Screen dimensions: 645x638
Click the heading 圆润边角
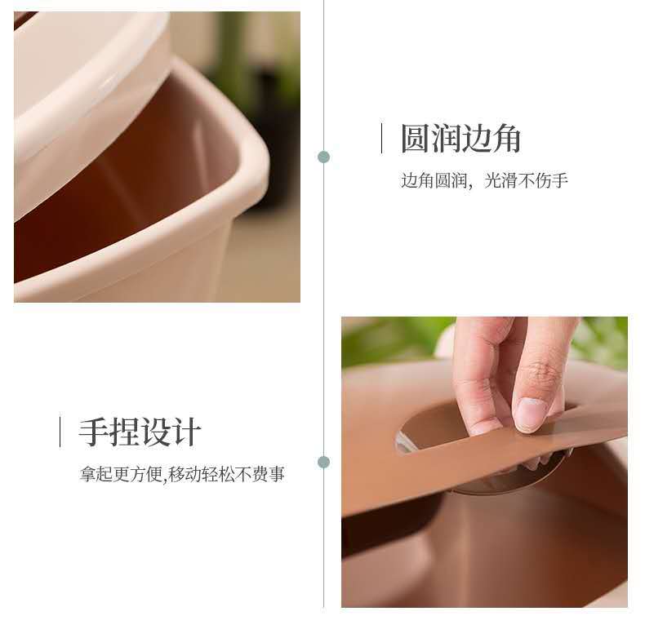[x=460, y=139]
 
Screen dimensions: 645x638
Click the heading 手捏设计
[x=140, y=432]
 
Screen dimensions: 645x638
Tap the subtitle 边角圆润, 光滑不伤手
[x=485, y=180]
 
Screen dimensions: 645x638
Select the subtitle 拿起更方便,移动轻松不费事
[x=182, y=474]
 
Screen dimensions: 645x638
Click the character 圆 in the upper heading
[x=416, y=139]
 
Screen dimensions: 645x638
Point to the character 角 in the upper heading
[x=506, y=139]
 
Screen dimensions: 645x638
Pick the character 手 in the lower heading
[x=94, y=432]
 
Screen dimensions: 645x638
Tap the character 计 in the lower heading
[x=187, y=432]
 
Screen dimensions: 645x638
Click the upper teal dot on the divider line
[x=324, y=157]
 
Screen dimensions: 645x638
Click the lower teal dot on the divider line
[x=324, y=462]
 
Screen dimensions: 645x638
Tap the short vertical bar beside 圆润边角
[x=382, y=138]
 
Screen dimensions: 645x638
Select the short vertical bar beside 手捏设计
[x=60, y=432]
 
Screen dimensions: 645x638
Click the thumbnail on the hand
[x=530, y=414]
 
